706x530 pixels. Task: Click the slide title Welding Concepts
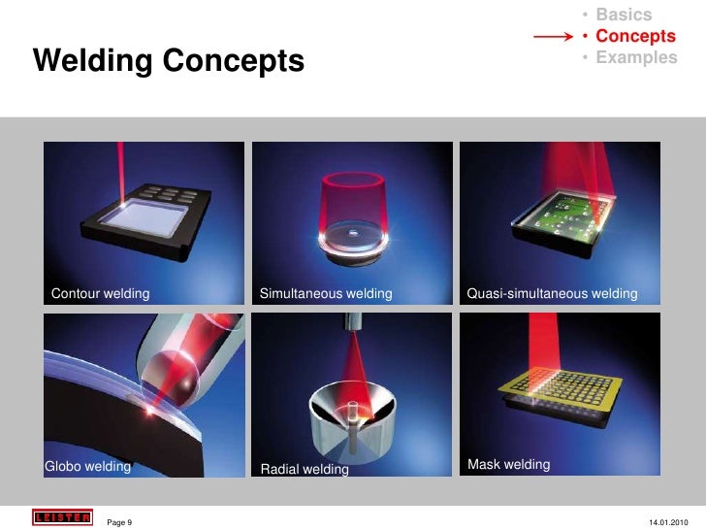[x=168, y=62]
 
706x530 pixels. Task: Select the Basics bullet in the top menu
[x=624, y=15]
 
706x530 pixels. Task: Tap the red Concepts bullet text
[x=635, y=36]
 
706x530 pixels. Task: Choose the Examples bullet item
[x=636, y=57]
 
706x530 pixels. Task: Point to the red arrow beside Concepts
[x=553, y=37]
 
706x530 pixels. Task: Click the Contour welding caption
[x=100, y=293]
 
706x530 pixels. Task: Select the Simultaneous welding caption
[x=326, y=293]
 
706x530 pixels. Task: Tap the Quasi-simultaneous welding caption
[x=552, y=293]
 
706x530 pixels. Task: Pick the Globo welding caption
[x=87, y=466]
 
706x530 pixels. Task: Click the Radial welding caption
[x=305, y=470]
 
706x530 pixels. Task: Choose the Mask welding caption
[x=508, y=464]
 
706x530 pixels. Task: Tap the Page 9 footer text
[x=119, y=522]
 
